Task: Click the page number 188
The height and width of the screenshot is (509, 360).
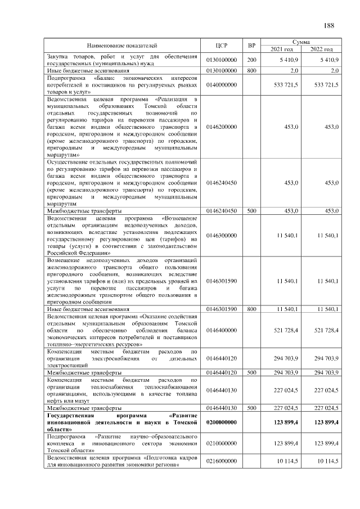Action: coord(329,25)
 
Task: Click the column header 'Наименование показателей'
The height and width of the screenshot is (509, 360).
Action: coord(121,46)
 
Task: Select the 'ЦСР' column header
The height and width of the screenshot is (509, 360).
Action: coord(221,46)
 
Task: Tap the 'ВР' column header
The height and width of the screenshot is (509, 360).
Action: coord(252,46)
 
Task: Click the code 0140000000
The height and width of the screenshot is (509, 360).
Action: coord(222,84)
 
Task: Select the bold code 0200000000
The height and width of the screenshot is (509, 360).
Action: coord(222,421)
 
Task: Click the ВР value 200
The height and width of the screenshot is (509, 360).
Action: coord(252,60)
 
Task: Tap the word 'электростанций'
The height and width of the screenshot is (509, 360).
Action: coord(69,364)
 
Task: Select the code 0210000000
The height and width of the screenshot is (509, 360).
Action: coord(222,443)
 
